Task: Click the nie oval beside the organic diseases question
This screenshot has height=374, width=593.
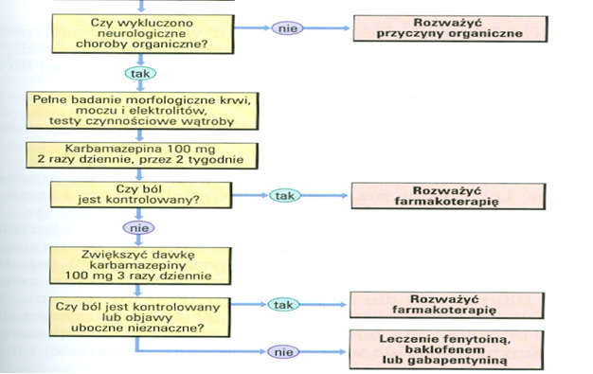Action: (285, 28)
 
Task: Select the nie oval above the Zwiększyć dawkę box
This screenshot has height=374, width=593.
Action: (137, 227)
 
